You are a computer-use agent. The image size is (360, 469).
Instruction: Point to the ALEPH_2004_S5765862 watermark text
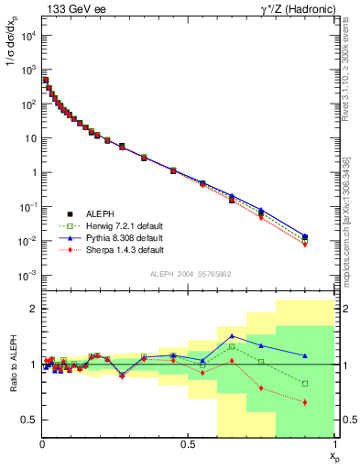190,274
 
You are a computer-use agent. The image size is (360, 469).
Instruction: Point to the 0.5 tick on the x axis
188,443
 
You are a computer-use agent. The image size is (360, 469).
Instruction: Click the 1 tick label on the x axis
334,443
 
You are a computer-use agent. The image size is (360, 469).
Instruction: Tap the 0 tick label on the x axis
42,443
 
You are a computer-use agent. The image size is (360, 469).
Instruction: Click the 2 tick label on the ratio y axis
33,309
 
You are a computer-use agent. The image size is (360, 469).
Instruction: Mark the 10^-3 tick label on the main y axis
27,276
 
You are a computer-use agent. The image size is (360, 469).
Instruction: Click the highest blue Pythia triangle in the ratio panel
233,336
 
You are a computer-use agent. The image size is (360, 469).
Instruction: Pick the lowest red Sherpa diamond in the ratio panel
305,402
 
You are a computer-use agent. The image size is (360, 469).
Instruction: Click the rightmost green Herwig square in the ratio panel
305,383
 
